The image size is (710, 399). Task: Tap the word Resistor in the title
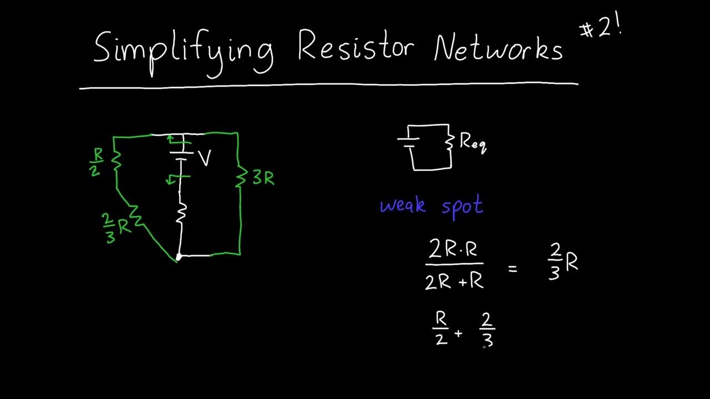pyautogui.click(x=356, y=47)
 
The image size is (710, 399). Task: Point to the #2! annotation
pyautogui.click(x=600, y=29)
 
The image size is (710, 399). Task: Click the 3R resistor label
pyautogui.click(x=263, y=178)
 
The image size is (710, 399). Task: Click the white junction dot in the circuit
pyautogui.click(x=179, y=256)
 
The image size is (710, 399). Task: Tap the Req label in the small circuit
pyautogui.click(x=473, y=143)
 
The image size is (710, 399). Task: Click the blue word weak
pyautogui.click(x=403, y=206)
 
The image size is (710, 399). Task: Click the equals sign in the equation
pyautogui.click(x=512, y=269)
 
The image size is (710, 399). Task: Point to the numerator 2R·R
pyautogui.click(x=453, y=250)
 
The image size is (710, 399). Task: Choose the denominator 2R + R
pyautogui.click(x=454, y=282)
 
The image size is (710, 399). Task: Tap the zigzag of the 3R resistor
pyautogui.click(x=240, y=178)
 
